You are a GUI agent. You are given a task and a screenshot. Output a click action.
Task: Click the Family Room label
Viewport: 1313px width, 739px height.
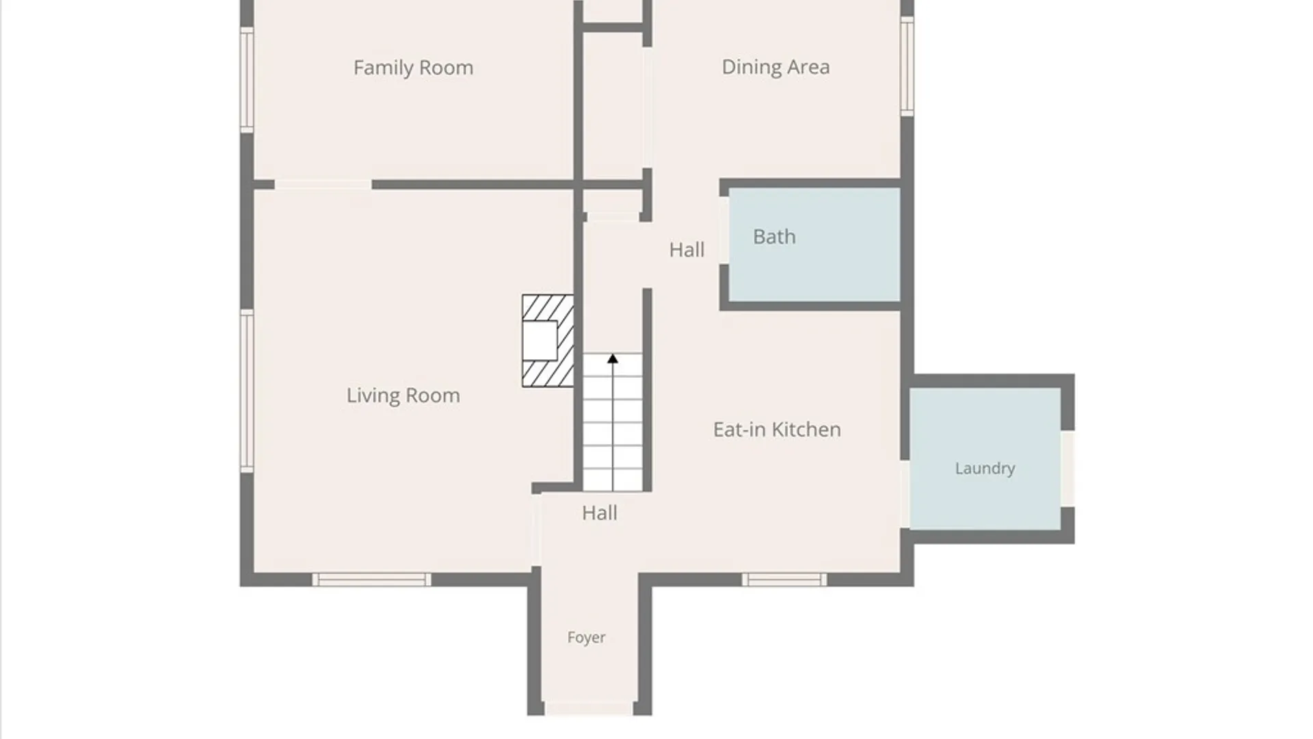[x=413, y=68]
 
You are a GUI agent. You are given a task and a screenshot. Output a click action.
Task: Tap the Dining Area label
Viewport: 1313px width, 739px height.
[x=775, y=67]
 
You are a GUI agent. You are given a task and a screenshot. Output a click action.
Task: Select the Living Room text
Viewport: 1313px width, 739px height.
[x=403, y=396]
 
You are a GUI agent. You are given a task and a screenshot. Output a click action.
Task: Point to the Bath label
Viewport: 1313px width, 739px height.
[x=774, y=237]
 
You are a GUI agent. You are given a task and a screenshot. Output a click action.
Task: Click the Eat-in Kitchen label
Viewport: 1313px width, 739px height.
[x=777, y=430]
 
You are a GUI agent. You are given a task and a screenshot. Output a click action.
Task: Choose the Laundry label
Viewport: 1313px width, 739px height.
[x=985, y=469]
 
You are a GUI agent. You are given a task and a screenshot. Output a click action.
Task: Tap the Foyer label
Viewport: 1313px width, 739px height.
[x=586, y=638]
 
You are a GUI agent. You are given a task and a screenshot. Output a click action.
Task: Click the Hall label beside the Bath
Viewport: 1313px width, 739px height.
[x=687, y=250]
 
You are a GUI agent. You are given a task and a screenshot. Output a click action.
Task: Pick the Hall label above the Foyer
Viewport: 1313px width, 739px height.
[x=599, y=513]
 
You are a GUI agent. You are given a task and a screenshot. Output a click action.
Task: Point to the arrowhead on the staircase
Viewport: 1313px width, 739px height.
[x=613, y=359]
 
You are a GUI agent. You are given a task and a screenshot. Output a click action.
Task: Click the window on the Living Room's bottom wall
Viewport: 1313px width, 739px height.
[x=371, y=580]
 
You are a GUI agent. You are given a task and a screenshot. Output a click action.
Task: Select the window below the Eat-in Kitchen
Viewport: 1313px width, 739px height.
[x=784, y=580]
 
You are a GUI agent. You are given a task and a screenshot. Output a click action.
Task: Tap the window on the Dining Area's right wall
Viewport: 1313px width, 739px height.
[x=907, y=66]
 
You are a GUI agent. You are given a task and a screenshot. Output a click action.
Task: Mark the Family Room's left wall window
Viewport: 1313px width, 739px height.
[x=247, y=79]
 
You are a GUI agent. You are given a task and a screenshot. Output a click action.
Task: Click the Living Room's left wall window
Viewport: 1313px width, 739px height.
[x=247, y=391]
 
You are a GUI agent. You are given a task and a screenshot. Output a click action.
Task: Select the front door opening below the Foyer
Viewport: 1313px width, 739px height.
[x=589, y=708]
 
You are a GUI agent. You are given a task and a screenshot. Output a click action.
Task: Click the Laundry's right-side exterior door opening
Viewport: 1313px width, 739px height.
[x=1067, y=469]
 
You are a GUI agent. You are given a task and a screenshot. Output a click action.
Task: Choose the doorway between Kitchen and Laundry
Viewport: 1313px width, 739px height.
[x=905, y=494]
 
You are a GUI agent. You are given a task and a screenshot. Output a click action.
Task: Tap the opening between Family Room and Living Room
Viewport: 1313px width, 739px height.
[x=323, y=185]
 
